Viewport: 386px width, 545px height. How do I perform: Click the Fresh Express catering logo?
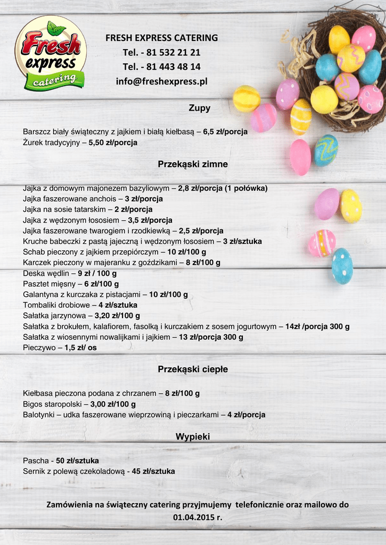point(51,53)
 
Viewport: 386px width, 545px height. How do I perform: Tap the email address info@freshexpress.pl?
point(161,81)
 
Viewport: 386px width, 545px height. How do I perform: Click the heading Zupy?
point(200,108)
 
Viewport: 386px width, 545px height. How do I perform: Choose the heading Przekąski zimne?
point(193,164)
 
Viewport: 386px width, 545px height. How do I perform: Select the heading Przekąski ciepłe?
point(193,369)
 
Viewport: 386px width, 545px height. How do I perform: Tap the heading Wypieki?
point(193,437)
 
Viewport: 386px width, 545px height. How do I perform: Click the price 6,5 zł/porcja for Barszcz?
point(225,132)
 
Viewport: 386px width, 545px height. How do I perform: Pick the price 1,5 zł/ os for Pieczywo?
point(80,348)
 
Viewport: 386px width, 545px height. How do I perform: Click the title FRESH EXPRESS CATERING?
point(161,38)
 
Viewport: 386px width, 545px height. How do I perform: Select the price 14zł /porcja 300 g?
point(317,326)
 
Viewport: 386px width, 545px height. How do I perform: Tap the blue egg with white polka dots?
point(342,266)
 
